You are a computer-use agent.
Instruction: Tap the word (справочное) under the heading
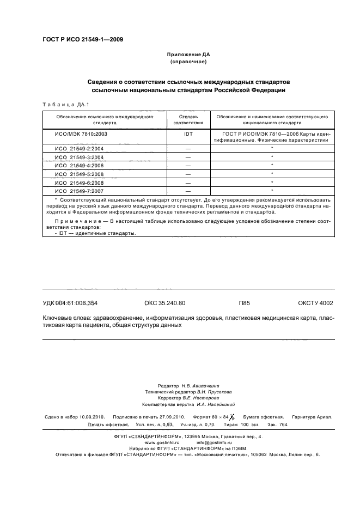pos(187,62)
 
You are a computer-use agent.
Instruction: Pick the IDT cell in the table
pos(188,133)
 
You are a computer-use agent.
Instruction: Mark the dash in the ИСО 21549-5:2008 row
pos(188,174)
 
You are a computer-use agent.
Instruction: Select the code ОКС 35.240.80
pos(165,303)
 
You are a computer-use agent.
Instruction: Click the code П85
pos(244,303)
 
